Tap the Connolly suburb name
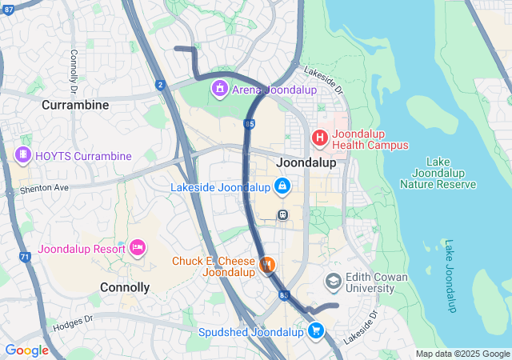click(125, 286)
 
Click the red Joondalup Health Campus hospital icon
click(320, 138)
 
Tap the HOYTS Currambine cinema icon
click(23, 155)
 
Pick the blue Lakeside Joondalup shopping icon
click(282, 187)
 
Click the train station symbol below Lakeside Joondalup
click(282, 214)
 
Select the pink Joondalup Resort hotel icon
click(137, 248)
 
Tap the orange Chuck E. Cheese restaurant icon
click(268, 263)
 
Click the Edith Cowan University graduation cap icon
click(333, 282)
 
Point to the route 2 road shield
click(161, 84)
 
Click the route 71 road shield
click(25, 257)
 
